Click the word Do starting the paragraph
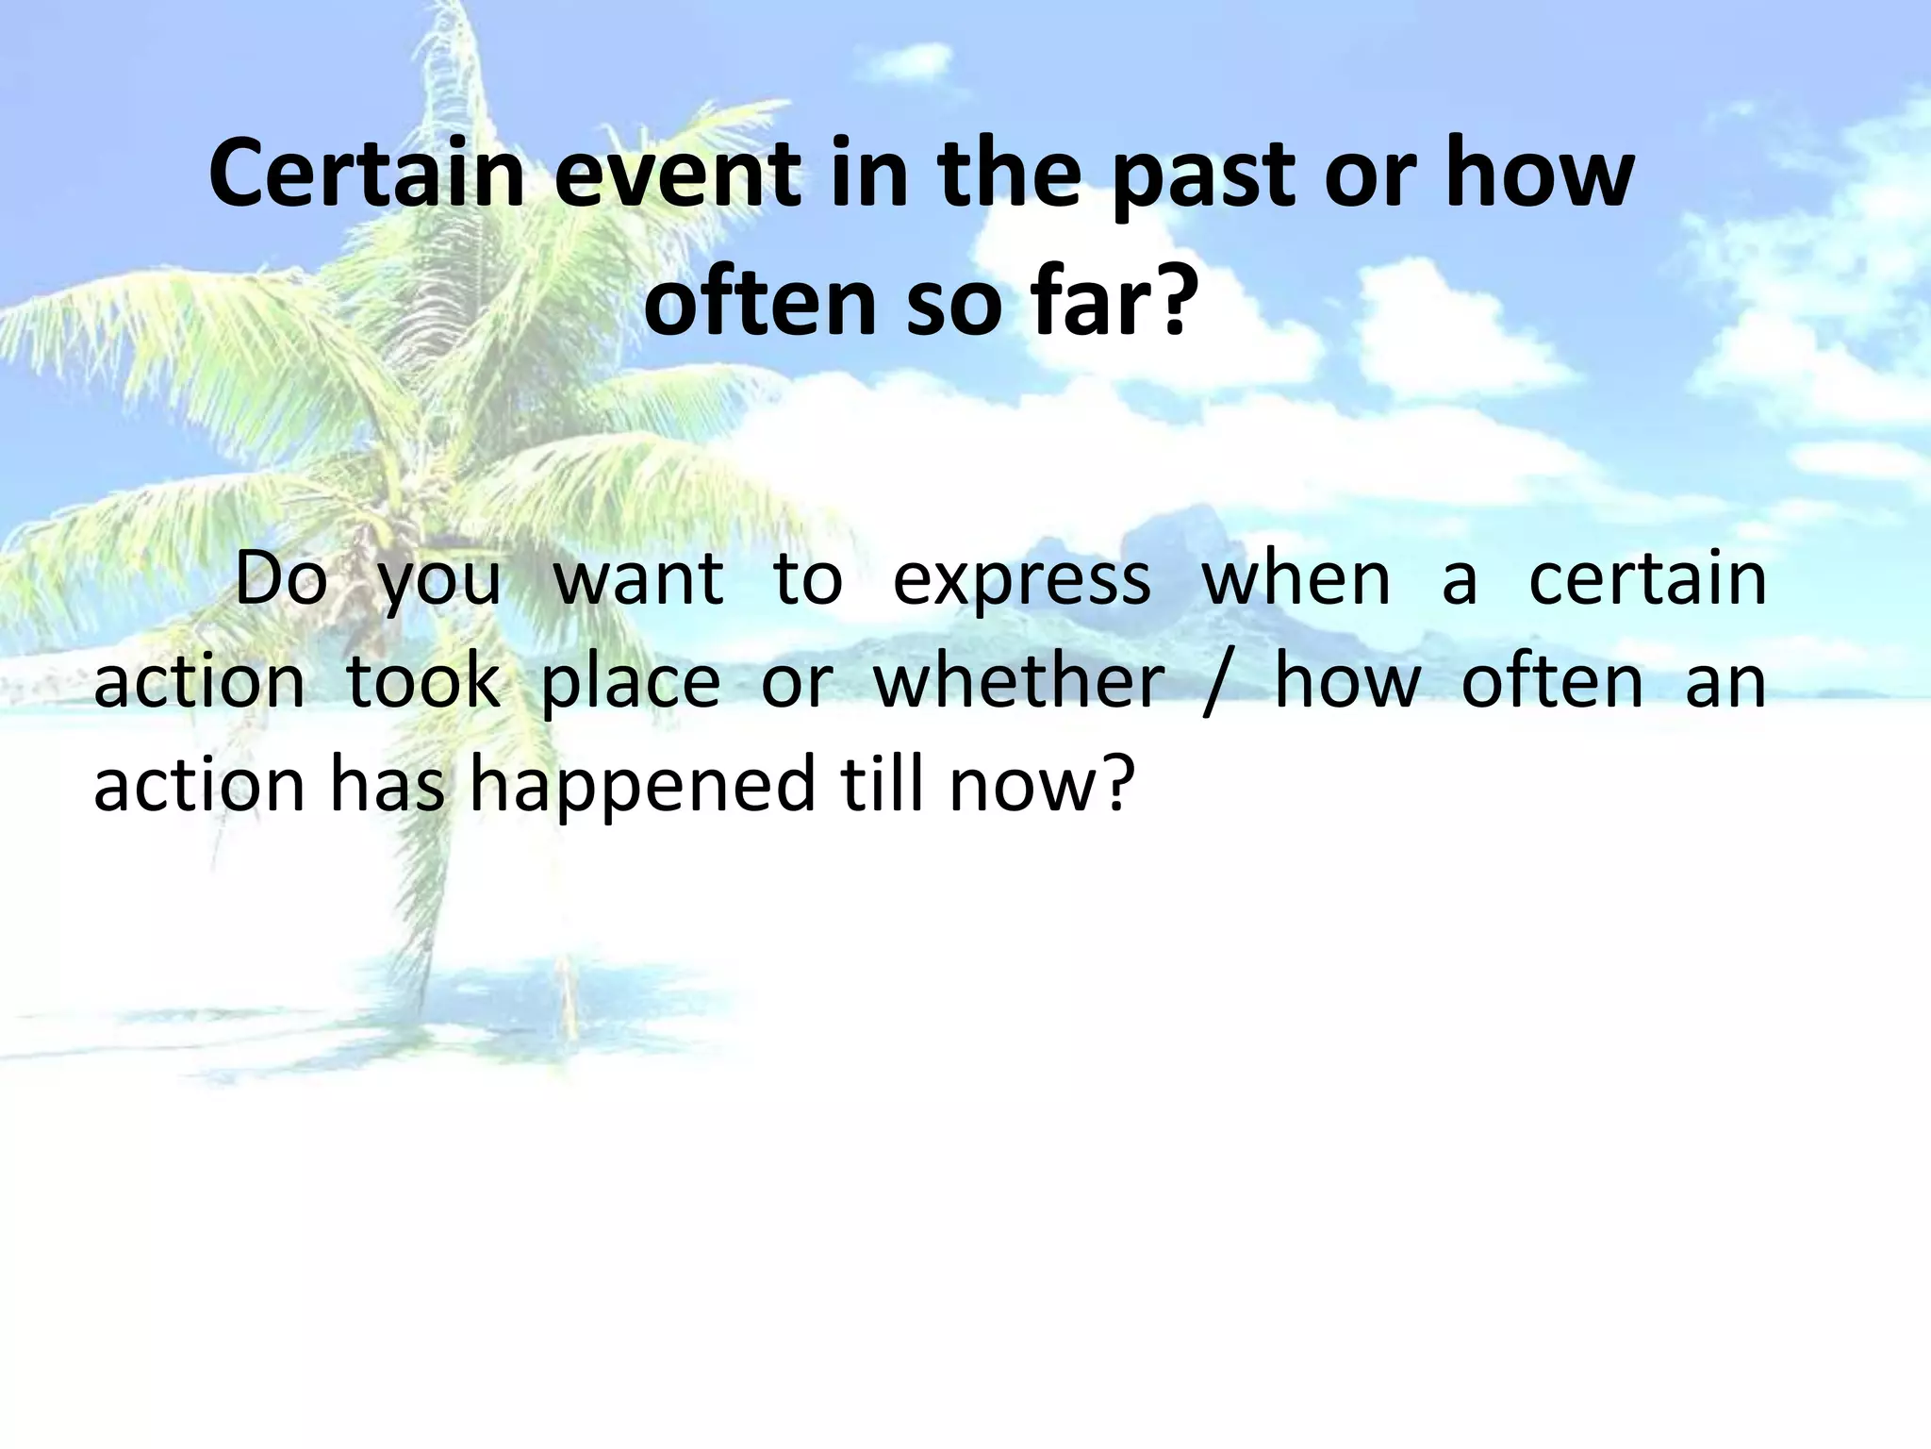coord(281,578)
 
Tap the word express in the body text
coord(1021,578)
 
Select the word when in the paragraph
coord(1296,578)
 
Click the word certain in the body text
coord(1647,578)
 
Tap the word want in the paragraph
coord(638,578)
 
